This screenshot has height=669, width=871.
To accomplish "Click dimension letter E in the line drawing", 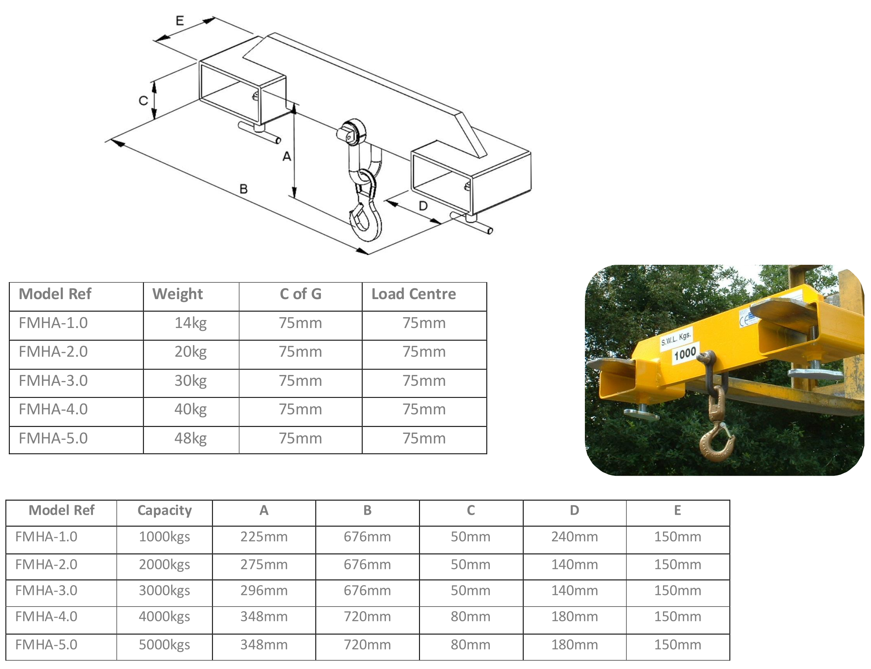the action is click(180, 20).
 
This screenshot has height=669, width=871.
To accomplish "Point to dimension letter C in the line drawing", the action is click(143, 100).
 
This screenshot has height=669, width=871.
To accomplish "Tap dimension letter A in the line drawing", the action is click(286, 156).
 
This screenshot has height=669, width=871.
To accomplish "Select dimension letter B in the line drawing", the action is click(243, 189).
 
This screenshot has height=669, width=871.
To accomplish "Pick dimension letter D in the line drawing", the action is click(423, 206).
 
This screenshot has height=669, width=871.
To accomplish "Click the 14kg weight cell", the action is click(191, 323).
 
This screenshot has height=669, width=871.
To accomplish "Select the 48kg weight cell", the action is click(191, 439).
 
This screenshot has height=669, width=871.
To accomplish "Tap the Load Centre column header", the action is click(414, 294).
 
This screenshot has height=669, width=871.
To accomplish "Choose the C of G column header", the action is click(301, 294).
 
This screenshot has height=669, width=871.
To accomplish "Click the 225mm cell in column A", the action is click(264, 537).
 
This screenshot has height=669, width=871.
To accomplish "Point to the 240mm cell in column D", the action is click(574, 537).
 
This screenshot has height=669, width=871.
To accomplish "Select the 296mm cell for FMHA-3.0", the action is click(264, 591).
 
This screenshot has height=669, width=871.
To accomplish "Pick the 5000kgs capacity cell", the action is click(164, 645).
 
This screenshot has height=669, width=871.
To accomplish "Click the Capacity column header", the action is click(165, 510).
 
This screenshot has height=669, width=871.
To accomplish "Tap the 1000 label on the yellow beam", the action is click(685, 353).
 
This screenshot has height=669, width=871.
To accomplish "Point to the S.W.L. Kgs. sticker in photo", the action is click(676, 338).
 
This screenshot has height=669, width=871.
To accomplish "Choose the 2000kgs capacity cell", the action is click(164, 565).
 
